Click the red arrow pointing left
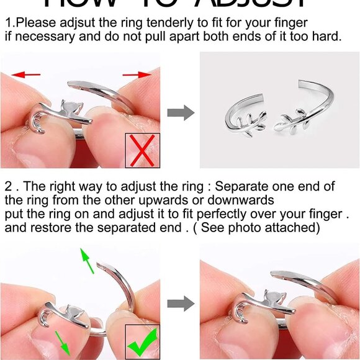[x=26, y=74]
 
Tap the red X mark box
[x=143, y=150]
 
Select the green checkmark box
[x=143, y=341]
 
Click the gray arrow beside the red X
[x=181, y=113]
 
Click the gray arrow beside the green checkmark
[x=181, y=304]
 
